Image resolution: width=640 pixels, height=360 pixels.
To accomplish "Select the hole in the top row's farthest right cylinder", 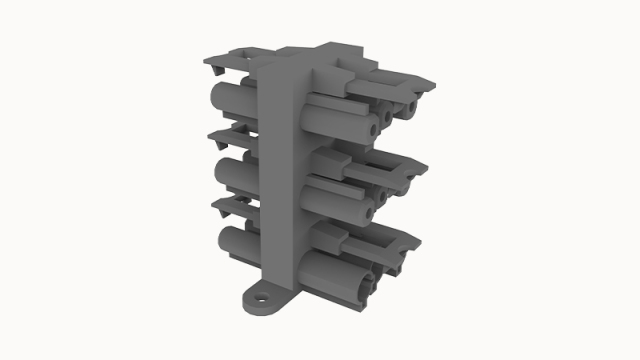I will point(410,107).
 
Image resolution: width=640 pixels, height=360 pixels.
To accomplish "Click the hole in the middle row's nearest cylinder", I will point(368,212).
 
